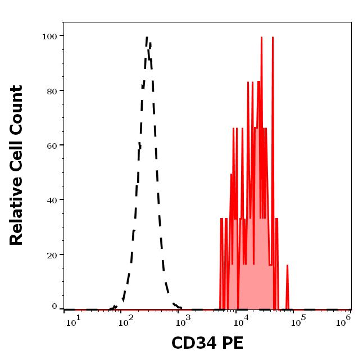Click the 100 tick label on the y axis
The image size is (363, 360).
(x=49, y=36)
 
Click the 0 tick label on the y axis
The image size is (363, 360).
(x=55, y=307)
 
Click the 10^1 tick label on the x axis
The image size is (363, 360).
(x=74, y=321)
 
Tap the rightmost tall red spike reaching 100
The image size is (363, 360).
(x=273, y=38)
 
